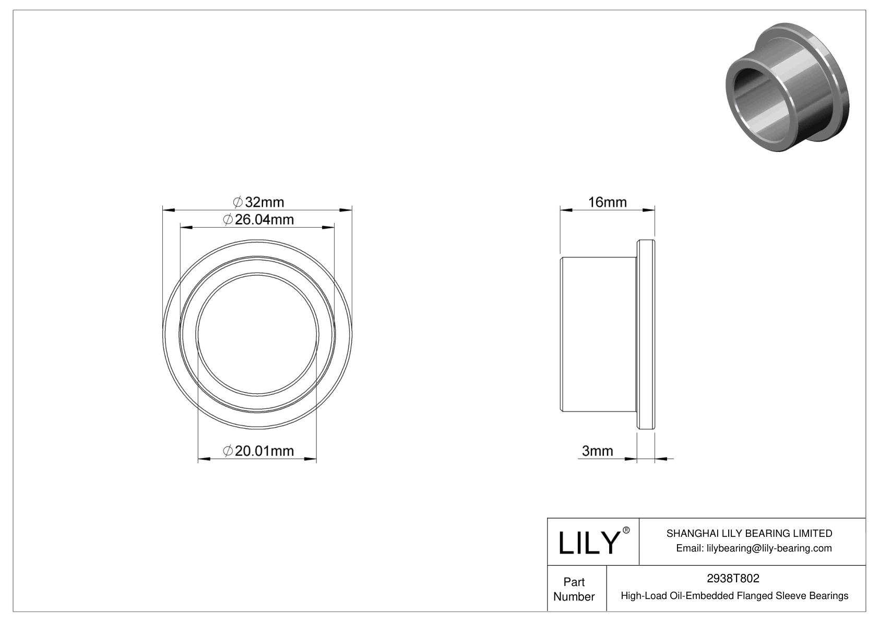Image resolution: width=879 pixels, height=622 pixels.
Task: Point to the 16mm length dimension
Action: [607, 202]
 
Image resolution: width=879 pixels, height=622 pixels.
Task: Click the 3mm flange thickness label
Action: [597, 451]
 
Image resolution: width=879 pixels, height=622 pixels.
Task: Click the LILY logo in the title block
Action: [588, 543]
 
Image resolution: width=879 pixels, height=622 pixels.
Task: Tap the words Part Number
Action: [574, 589]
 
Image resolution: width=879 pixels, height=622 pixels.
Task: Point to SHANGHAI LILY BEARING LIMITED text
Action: [749, 533]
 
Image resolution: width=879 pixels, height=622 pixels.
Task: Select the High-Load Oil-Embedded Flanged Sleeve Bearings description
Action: [734, 595]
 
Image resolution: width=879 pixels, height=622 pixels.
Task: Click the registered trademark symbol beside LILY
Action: [626, 531]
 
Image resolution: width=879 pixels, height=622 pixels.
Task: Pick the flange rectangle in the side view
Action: [646, 334]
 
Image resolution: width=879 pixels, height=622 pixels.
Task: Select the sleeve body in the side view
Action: [598, 334]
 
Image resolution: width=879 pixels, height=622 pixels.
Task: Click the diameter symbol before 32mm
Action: [237, 202]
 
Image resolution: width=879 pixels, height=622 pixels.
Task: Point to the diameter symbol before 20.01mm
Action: [228, 451]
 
